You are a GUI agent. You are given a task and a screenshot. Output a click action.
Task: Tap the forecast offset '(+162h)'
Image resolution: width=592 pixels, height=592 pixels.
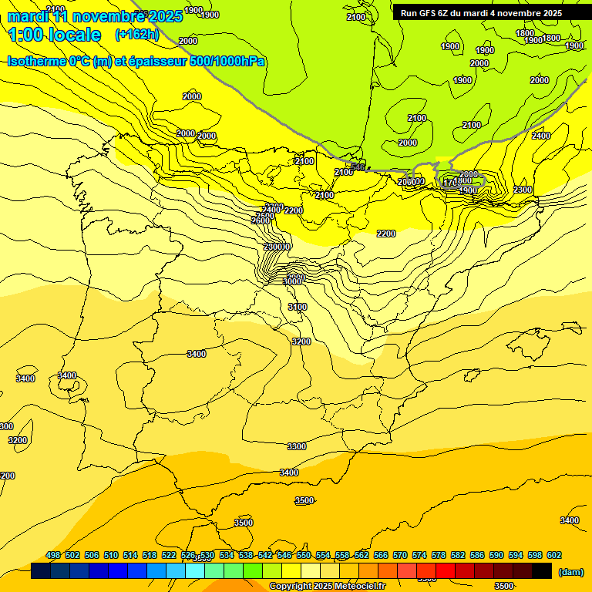136,35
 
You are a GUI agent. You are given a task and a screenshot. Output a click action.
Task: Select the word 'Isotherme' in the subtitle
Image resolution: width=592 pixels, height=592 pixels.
35,61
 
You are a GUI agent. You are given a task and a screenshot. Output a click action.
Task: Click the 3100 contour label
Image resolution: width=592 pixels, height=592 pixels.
298,307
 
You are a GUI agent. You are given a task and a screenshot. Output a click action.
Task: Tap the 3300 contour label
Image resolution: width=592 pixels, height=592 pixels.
296,446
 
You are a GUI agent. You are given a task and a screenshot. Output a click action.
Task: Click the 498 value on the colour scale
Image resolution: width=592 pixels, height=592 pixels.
53,555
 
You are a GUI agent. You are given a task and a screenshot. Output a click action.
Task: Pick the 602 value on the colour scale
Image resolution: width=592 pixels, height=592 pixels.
554,555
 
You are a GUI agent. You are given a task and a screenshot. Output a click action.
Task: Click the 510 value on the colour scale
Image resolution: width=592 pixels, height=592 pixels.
111,555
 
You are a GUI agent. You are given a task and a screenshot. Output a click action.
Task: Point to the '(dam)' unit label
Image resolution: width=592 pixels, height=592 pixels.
570,572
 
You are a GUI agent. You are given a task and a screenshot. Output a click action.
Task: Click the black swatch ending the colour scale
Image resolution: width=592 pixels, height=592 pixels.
542,571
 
